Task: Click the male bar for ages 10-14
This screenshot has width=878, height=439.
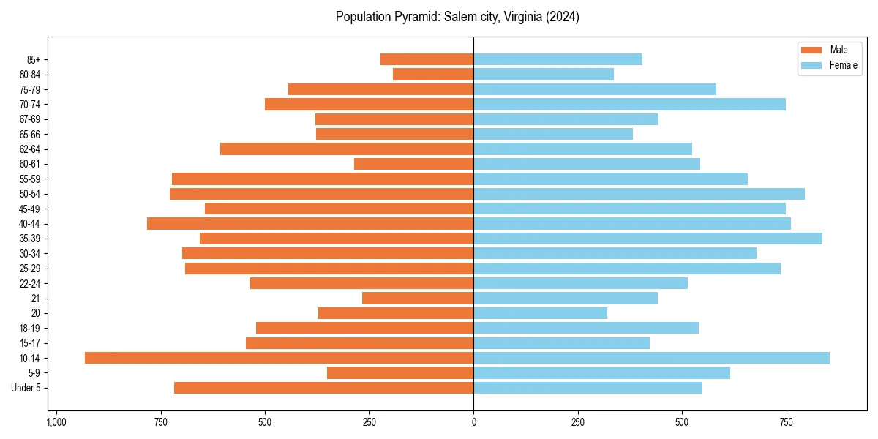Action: click(x=279, y=358)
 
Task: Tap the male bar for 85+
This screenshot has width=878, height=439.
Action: click(x=427, y=59)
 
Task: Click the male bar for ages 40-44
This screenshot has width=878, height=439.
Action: click(x=310, y=223)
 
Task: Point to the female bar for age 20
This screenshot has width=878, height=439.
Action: click(x=540, y=313)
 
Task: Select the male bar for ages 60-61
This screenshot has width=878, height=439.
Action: click(x=413, y=164)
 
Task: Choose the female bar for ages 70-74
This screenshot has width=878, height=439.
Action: click(x=629, y=104)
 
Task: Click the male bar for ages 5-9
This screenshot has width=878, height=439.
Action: click(x=400, y=372)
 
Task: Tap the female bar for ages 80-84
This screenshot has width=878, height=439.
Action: click(x=544, y=74)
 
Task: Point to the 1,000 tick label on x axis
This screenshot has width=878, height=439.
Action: click(x=56, y=423)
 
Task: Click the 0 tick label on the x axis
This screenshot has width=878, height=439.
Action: click(x=473, y=423)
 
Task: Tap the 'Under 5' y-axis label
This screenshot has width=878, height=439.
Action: click(x=26, y=388)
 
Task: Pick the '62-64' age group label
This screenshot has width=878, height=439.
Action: click(x=30, y=149)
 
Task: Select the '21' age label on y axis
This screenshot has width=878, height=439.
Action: click(x=35, y=299)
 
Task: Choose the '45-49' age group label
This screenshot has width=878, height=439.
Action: click(x=30, y=209)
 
